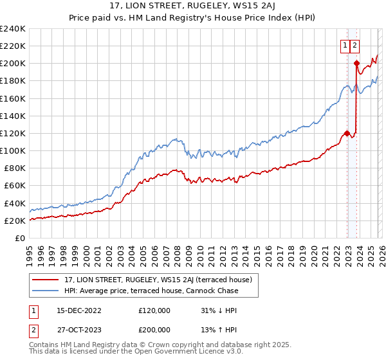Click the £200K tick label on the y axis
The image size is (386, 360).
click(x=12, y=63)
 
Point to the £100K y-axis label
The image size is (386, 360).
click(x=12, y=150)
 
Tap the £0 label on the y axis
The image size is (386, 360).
click(x=19, y=238)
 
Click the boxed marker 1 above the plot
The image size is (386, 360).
click(x=345, y=45)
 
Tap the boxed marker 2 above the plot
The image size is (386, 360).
click(x=355, y=45)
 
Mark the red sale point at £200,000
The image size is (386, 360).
click(x=356, y=63)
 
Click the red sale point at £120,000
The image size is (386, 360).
click(x=347, y=133)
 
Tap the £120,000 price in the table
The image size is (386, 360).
click(x=154, y=310)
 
